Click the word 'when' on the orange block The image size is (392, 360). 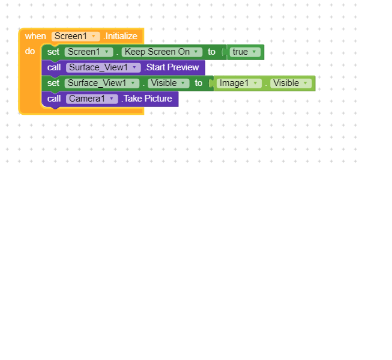[x=35, y=36]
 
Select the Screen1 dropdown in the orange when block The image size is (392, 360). [x=76, y=36]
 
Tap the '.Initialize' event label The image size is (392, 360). [x=121, y=36]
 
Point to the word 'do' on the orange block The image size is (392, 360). [x=30, y=51]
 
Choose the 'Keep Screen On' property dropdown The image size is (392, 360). [x=161, y=52]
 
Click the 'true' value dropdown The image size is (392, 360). [x=245, y=52]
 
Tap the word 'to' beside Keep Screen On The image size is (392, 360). [x=211, y=52]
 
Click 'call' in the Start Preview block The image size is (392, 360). [x=54, y=67]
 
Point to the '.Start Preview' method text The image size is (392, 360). [x=172, y=67]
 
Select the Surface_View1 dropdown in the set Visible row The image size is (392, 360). [x=102, y=83]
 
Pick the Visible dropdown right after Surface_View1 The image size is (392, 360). [x=168, y=83]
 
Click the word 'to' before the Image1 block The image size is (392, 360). [x=198, y=83]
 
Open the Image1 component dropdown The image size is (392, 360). [x=239, y=83]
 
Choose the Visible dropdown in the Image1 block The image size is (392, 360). [x=291, y=83]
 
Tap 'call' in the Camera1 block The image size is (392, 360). [x=54, y=99]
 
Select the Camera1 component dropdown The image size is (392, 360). [x=92, y=99]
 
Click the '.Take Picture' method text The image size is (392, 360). [x=146, y=99]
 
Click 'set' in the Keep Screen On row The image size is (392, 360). [x=53, y=52]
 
